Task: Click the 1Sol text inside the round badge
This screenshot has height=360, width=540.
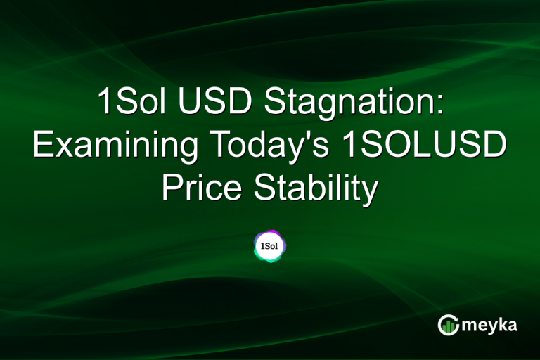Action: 269,247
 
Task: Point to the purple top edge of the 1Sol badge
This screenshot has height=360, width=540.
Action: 269,231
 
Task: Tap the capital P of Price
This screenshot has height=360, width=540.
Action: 172,188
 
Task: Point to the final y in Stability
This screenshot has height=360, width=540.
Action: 370,191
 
